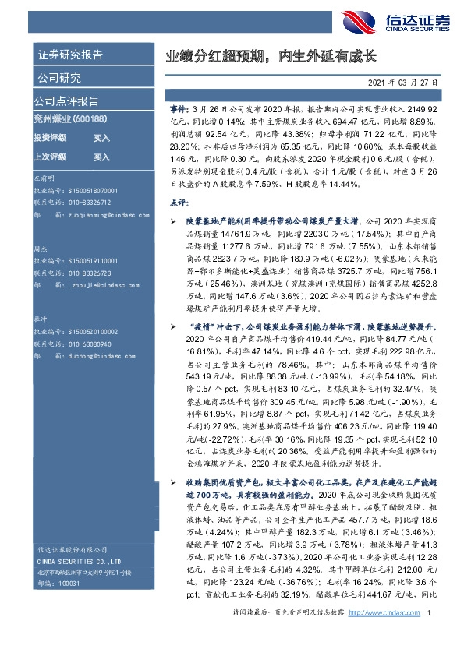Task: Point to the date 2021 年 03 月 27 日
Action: coord(402,81)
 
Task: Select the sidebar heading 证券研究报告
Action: coord(69,55)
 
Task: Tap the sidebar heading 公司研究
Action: coord(58,77)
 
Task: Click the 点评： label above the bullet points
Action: coord(179,203)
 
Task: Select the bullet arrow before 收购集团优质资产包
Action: coord(172,484)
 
